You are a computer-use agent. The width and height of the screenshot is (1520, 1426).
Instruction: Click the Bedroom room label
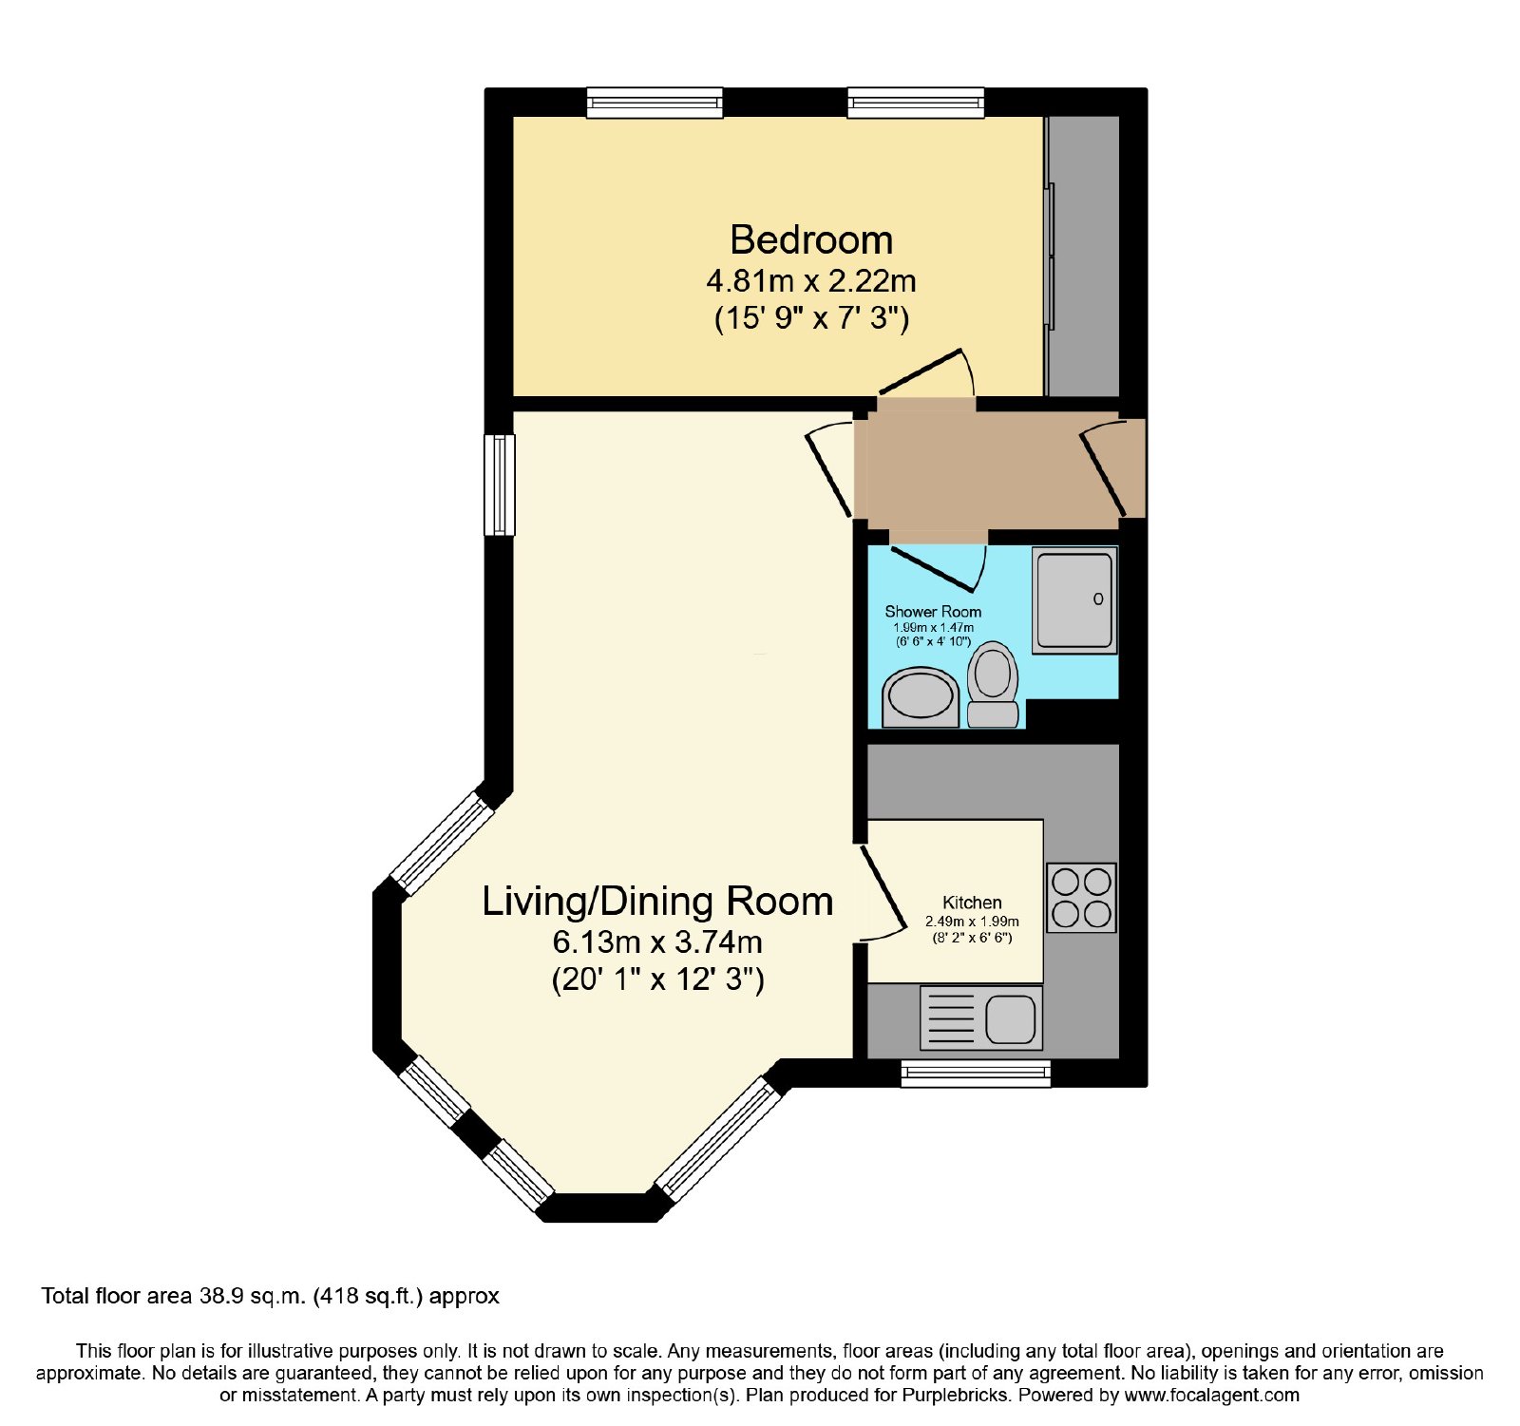(811, 239)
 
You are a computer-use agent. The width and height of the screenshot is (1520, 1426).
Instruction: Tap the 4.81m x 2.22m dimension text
(811, 281)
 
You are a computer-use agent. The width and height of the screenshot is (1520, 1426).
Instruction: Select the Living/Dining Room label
(657, 902)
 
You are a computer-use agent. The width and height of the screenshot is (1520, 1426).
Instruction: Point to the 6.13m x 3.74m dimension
(657, 942)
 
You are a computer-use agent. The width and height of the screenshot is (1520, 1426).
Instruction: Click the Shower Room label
(933, 612)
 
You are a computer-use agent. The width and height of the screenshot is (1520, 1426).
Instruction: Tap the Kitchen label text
(972, 903)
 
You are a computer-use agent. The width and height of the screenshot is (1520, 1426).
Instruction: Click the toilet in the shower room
(993, 684)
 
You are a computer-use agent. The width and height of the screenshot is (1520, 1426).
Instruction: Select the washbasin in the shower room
(921, 698)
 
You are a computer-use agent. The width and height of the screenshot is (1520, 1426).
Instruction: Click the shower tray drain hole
(1098, 599)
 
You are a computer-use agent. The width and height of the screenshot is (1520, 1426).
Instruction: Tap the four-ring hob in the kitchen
(1081, 898)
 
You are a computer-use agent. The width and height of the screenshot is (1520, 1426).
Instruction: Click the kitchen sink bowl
(1010, 1018)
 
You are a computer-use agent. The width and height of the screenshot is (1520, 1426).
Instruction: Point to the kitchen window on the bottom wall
(976, 1074)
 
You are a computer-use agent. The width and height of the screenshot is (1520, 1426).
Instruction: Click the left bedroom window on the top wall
(655, 103)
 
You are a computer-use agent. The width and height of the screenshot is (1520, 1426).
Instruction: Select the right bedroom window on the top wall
(916, 103)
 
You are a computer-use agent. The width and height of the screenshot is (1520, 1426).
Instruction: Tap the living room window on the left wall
(500, 485)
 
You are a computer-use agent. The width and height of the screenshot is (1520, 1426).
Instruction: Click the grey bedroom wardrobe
(1083, 257)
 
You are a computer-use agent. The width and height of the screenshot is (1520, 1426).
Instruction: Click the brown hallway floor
(993, 470)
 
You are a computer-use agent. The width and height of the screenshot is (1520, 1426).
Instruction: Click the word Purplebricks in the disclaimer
(953, 1396)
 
